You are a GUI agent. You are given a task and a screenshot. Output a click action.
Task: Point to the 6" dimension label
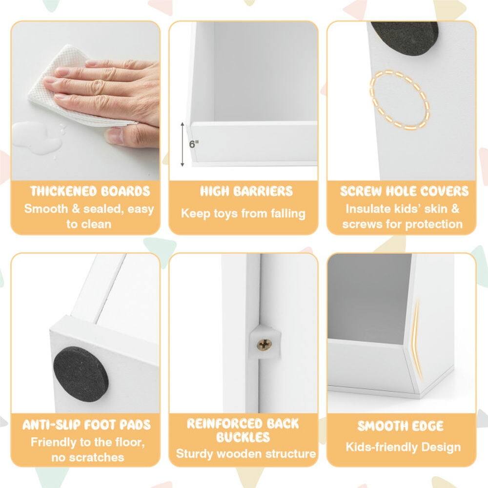[x=194, y=144]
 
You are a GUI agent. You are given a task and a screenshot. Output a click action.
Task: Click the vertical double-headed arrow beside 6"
[x=183, y=144]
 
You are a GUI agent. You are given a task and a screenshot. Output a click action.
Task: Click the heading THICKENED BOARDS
[x=90, y=191]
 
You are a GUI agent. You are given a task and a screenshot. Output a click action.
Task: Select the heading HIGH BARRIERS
[x=246, y=191]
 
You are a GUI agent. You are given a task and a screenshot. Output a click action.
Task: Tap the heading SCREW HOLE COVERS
[x=404, y=191]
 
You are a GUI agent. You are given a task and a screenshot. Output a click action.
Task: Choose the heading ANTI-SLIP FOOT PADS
[x=87, y=425]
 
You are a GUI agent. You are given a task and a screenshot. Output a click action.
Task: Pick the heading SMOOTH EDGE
[x=401, y=426]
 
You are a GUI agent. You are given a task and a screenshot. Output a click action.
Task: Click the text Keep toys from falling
[x=243, y=213]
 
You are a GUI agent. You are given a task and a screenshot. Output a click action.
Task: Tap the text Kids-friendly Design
[x=403, y=447]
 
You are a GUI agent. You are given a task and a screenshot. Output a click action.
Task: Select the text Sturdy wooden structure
[x=246, y=454]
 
